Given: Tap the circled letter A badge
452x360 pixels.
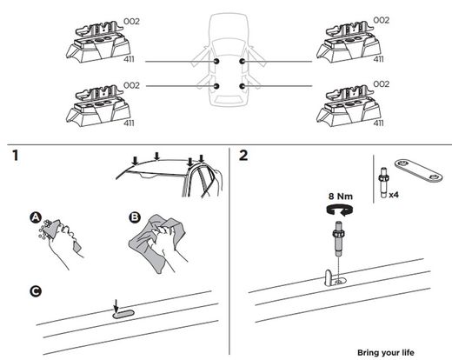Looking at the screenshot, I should (x=36, y=216).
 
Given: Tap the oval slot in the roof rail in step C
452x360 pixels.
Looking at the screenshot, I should (x=123, y=314).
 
